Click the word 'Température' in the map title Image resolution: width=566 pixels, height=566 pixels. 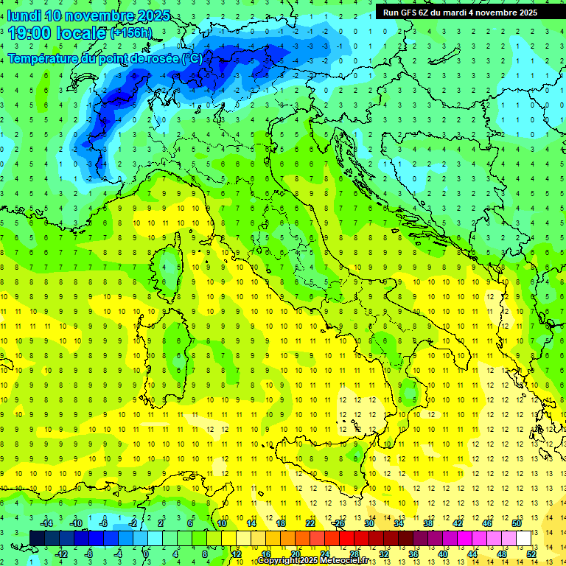coord(41,57)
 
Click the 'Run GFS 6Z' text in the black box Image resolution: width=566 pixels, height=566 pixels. coord(405,13)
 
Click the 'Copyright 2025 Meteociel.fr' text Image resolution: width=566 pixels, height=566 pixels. coord(312,561)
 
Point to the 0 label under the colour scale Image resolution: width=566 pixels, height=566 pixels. coord(146,554)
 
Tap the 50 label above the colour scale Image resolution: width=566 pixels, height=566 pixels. coord(517,523)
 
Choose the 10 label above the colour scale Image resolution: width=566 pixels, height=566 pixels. coord(221,523)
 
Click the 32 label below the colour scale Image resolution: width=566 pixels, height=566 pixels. coord(384,554)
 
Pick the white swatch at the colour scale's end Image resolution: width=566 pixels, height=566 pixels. coord(524,538)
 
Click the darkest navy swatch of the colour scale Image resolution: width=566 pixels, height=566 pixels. coord(38,538)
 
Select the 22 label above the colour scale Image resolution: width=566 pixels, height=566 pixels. coord(310,523)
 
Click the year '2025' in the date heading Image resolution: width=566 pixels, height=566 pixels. coord(151,15)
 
